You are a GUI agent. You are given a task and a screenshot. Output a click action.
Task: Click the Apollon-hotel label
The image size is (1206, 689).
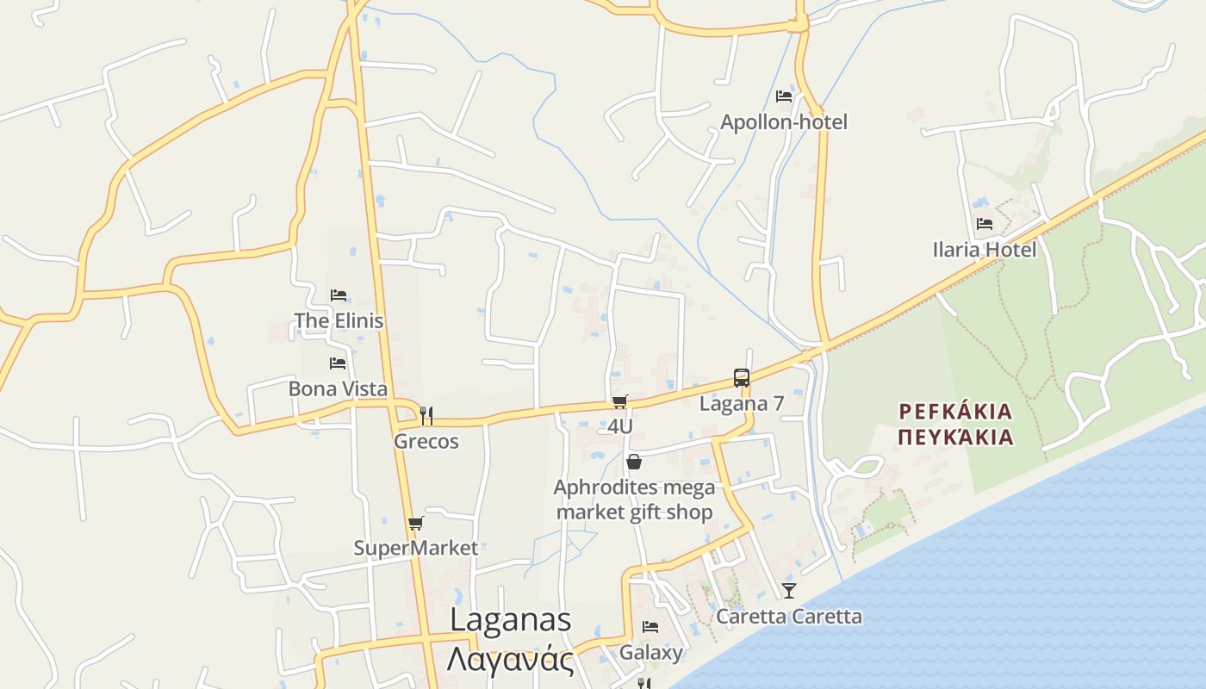click(x=783, y=122)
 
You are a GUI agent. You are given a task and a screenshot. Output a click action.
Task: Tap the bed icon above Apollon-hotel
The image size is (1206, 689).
click(x=783, y=96)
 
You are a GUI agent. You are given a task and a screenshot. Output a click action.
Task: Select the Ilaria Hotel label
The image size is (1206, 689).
click(x=984, y=250)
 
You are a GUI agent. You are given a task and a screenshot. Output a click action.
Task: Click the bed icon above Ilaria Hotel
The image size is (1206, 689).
click(x=984, y=224)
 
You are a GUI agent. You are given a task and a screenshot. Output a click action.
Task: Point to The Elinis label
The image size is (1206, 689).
click(x=339, y=320)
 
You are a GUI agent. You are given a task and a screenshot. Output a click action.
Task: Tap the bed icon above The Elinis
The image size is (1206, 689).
click(x=339, y=295)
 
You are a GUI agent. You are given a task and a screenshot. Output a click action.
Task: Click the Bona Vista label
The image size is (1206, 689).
click(x=338, y=388)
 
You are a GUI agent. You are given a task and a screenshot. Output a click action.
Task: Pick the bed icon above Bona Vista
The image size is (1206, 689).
click(x=338, y=363)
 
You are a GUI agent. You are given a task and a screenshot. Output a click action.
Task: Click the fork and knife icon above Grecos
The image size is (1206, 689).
click(x=426, y=416)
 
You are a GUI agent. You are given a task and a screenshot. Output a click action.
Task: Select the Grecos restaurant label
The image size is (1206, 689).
click(x=426, y=441)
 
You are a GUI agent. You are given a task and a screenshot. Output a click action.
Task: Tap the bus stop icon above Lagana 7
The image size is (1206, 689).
click(x=741, y=377)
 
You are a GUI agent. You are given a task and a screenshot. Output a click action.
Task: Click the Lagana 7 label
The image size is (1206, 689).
click(x=741, y=403)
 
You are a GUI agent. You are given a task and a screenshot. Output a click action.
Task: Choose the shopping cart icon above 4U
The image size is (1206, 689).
click(x=619, y=401)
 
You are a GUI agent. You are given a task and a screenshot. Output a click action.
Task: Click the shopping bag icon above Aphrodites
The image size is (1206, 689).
click(x=634, y=462)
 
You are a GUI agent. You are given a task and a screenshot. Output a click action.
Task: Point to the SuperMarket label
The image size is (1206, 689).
click(x=415, y=548)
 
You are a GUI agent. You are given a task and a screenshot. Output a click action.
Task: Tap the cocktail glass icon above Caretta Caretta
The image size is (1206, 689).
click(x=788, y=591)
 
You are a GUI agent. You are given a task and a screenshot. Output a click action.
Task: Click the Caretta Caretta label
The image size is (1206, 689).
click(x=788, y=617)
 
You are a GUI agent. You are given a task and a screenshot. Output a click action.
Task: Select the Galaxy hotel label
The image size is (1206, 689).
click(x=650, y=652)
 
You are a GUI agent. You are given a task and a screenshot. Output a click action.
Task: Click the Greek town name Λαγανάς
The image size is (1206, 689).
click(x=510, y=661)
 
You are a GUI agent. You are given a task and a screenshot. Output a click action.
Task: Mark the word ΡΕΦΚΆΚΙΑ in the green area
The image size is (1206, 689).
click(x=954, y=411)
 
